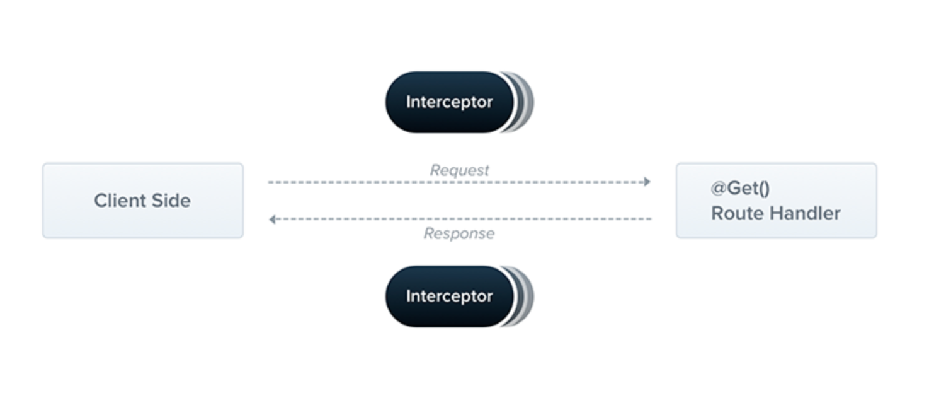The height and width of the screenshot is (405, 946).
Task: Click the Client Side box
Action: (x=143, y=201)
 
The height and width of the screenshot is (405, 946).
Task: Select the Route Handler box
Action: (x=776, y=201)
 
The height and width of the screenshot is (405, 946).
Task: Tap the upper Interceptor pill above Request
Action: (x=450, y=102)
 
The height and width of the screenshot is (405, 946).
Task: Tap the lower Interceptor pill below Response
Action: (x=450, y=296)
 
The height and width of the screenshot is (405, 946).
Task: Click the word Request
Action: (x=460, y=170)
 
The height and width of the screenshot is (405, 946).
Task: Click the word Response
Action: (x=460, y=233)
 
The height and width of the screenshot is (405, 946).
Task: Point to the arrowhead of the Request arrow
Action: (x=647, y=182)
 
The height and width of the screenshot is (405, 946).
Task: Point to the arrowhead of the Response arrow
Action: (x=272, y=219)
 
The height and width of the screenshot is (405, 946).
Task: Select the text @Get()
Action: (x=740, y=189)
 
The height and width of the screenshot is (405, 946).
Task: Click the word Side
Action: (x=171, y=201)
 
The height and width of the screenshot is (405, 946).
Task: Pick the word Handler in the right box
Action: (x=805, y=213)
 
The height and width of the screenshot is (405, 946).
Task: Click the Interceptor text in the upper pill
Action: (x=450, y=102)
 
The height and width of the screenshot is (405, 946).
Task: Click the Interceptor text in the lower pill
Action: (x=450, y=296)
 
